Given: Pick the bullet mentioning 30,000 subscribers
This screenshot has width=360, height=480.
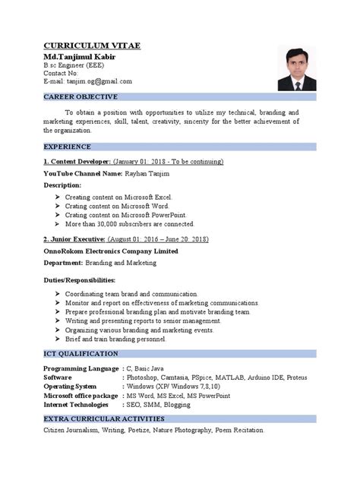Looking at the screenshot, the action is (x=130, y=224).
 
